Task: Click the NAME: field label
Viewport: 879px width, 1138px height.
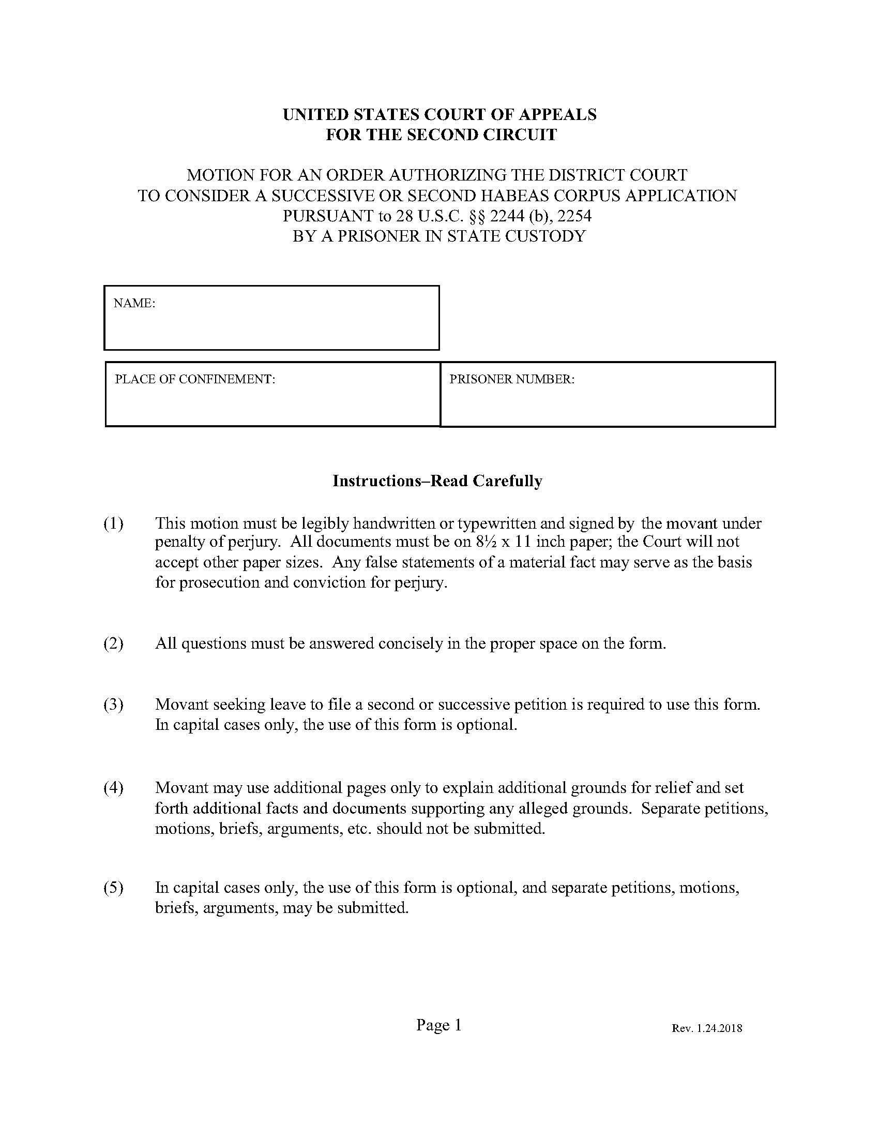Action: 134,304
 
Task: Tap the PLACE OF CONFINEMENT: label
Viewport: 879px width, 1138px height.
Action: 195,379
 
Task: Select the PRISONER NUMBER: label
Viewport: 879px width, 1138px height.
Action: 512,379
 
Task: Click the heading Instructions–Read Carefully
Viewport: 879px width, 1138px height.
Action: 437,481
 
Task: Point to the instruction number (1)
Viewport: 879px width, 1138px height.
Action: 114,523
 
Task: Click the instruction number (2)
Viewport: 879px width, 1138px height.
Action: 114,643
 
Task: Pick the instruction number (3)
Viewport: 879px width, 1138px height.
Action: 114,705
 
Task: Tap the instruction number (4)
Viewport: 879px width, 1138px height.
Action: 114,788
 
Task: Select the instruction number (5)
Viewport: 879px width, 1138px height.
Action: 114,887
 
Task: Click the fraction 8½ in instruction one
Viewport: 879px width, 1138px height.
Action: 486,542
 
